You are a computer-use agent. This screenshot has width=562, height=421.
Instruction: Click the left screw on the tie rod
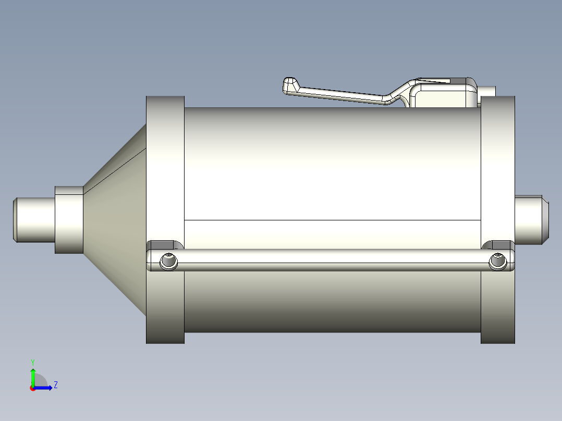coord(169,261)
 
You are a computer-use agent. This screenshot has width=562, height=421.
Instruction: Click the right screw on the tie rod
coord(498,262)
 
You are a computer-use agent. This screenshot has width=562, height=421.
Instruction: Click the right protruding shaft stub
coord(531,220)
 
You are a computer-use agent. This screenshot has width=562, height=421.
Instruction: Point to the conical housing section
coord(117,219)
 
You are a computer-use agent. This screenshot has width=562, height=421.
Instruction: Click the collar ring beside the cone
coord(69,220)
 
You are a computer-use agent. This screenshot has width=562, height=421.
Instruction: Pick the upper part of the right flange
coord(497,135)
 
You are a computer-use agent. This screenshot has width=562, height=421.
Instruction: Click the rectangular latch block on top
coord(446,96)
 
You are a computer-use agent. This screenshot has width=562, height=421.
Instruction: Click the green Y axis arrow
coord(33,375)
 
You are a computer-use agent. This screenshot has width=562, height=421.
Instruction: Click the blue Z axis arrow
coord(45,388)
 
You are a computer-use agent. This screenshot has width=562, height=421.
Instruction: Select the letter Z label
coord(55,385)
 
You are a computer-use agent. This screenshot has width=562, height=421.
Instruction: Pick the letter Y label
coord(33,362)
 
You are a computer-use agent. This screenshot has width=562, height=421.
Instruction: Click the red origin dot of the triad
coord(32,388)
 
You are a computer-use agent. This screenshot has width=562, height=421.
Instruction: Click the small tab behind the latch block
coord(487,92)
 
